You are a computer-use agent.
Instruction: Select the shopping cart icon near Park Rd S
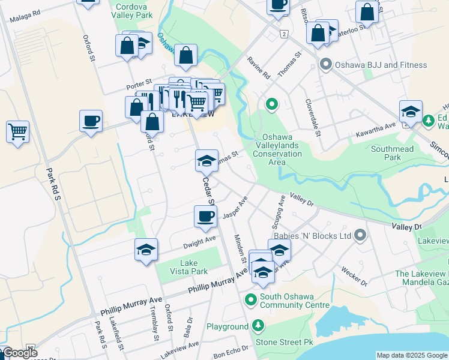click(x=17, y=131)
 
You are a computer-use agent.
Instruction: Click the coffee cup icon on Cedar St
click(x=205, y=216)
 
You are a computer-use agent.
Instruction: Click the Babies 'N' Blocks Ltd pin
click(x=360, y=236)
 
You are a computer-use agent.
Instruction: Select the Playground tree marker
click(x=258, y=326)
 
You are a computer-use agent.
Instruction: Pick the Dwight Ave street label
click(x=200, y=241)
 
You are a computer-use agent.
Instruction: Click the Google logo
click(x=20, y=353)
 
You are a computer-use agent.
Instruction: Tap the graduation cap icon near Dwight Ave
click(x=146, y=250)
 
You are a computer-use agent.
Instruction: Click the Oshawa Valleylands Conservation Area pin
click(x=272, y=105)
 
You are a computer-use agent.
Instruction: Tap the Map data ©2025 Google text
click(x=412, y=355)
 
